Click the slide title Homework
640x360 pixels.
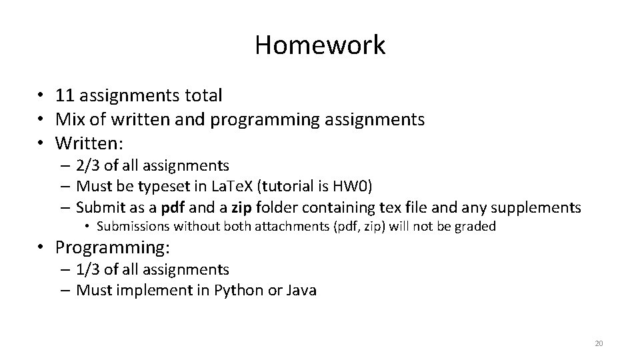click(x=319, y=45)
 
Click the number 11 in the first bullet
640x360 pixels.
click(x=65, y=95)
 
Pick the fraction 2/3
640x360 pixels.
click(x=89, y=165)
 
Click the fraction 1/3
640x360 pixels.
click(x=89, y=269)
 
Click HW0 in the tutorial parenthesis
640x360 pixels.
click(x=365, y=186)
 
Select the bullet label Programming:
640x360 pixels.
click(x=113, y=248)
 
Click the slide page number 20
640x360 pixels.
click(x=598, y=343)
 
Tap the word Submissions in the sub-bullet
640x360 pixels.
click(x=134, y=227)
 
